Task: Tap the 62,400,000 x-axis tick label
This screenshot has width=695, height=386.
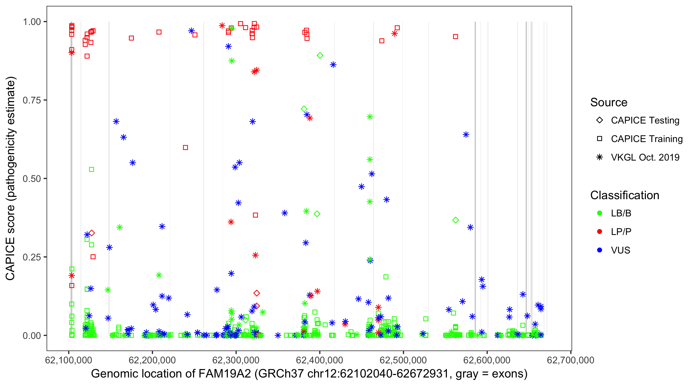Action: pos(319,360)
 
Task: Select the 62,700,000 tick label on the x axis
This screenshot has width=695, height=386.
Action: pos(570,360)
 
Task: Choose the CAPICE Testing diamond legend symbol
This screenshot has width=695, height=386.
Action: pos(600,120)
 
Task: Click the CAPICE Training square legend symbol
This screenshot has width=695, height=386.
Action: pos(600,139)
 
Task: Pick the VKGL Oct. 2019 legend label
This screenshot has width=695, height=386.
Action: pos(645,157)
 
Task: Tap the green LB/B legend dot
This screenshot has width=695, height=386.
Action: pos(600,213)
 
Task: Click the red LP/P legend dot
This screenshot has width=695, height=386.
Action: pos(600,232)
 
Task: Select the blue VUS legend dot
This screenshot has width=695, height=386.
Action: pos(600,250)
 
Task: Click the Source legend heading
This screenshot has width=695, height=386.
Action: pos(609,102)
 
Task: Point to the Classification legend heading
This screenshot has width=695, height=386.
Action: pos(624,195)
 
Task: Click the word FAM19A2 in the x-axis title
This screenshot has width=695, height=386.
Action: pos(224,374)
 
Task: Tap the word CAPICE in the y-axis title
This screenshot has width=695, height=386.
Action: pos(10,259)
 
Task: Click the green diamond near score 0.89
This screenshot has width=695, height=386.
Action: pos(320,56)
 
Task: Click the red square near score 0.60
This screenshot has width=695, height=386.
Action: pos(185,147)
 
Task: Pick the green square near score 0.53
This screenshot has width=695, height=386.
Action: pos(91,170)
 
